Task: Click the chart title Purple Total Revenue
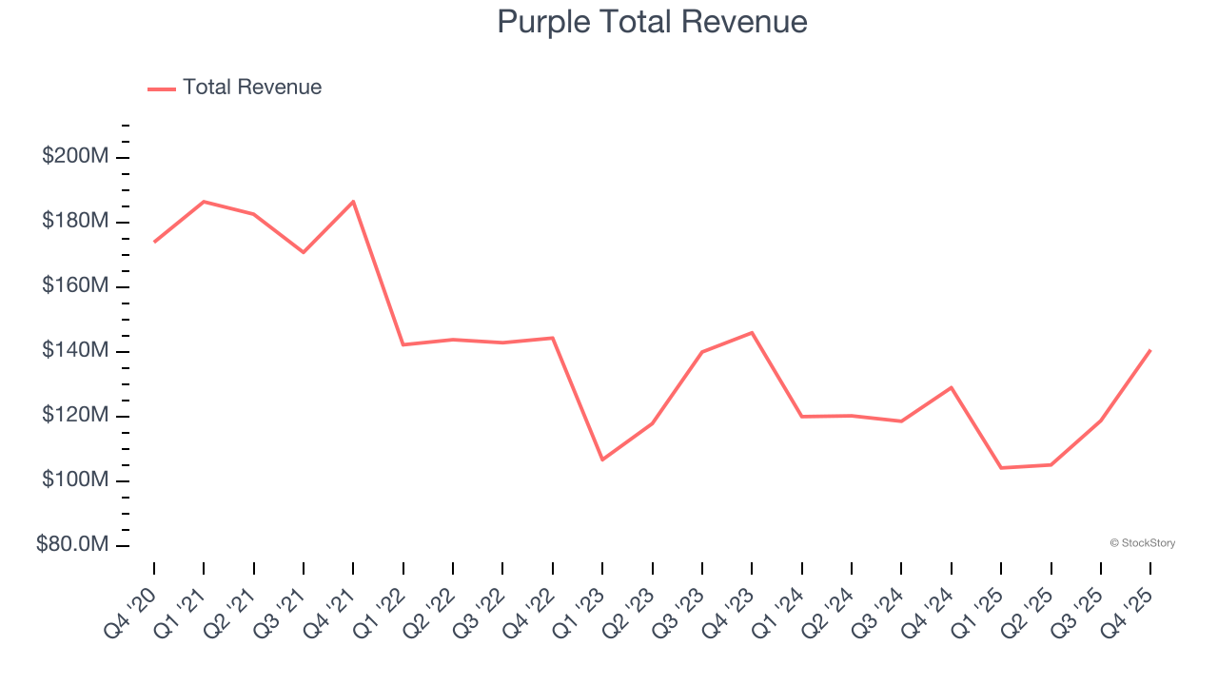[x=652, y=21]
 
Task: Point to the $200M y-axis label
[x=75, y=156]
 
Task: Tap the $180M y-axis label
[x=75, y=221]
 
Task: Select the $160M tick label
[x=75, y=285]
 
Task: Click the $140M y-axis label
[x=75, y=351]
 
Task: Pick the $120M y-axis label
[x=75, y=416]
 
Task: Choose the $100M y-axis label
[x=75, y=480]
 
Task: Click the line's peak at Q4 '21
[x=353, y=202]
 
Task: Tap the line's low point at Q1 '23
[x=602, y=460]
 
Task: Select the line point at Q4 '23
[x=752, y=333]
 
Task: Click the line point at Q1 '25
[x=1001, y=468]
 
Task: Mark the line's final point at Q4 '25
[x=1150, y=350]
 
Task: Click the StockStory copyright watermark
[x=1142, y=543]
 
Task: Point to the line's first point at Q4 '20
[x=154, y=242]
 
